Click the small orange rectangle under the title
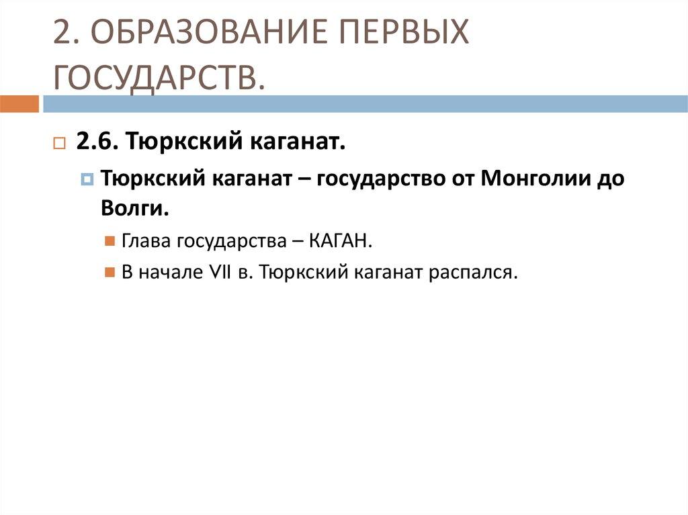tap(19, 104)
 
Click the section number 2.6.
tap(97, 142)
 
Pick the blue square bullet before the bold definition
tap(87, 179)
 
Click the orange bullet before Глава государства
tap(110, 241)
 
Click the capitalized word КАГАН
tap(341, 240)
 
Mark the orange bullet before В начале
tap(110, 273)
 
